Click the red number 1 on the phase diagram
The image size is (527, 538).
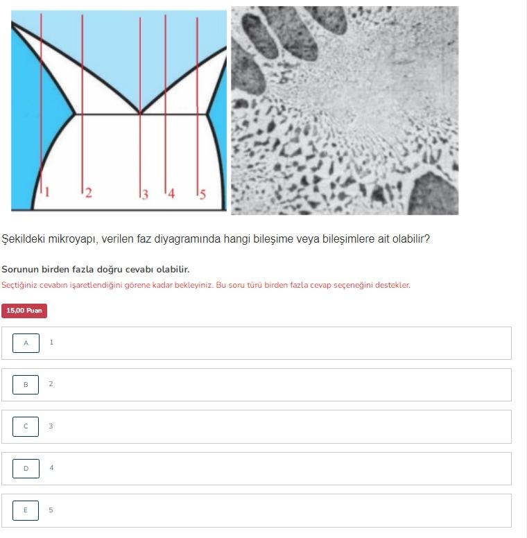(x=47, y=192)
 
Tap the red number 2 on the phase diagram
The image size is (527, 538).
(x=89, y=193)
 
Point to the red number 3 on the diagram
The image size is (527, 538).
(x=145, y=195)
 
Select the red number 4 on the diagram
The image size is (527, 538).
(x=171, y=193)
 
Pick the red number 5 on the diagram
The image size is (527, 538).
(x=202, y=195)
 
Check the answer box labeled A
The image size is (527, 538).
(x=26, y=343)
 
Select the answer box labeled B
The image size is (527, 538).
(x=26, y=385)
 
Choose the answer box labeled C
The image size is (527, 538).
(x=26, y=426)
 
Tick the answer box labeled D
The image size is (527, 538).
(x=26, y=469)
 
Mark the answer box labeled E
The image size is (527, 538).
(x=26, y=510)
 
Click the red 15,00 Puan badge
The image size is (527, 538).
(x=24, y=311)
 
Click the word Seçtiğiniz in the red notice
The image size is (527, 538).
(x=19, y=285)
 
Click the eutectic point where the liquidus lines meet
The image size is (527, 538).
(x=140, y=113)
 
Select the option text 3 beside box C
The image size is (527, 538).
(x=51, y=426)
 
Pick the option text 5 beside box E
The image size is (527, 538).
(x=51, y=510)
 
